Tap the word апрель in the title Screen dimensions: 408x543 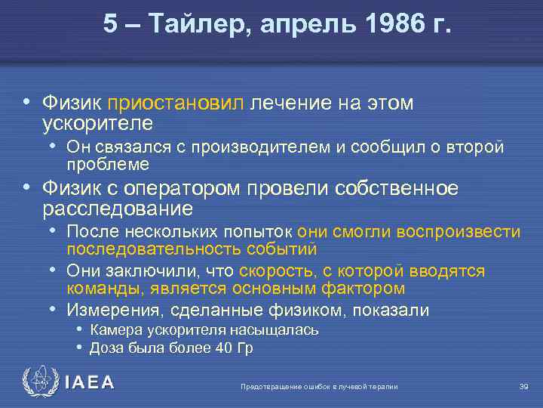click(x=300, y=26)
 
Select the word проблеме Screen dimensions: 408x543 click(x=108, y=164)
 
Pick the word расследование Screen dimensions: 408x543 click(x=118, y=207)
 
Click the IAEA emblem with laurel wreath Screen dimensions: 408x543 click(x=38, y=382)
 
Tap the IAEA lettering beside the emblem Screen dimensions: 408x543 click(x=90, y=383)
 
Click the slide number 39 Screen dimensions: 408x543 click(x=523, y=387)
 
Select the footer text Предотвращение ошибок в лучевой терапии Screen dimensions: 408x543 click(x=319, y=387)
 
